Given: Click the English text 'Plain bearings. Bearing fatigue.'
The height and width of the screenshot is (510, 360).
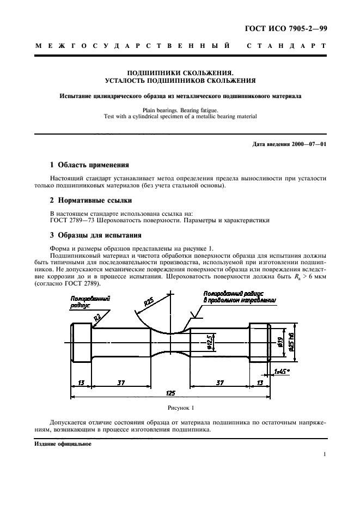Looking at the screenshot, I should (x=180, y=110).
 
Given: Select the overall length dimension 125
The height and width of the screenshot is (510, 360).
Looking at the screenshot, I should (x=170, y=392).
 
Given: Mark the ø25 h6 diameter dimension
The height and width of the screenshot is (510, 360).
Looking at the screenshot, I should (x=291, y=342).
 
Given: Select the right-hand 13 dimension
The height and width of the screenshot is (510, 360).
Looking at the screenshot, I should (x=259, y=383).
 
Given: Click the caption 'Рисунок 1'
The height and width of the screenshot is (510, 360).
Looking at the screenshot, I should (x=180, y=408).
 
